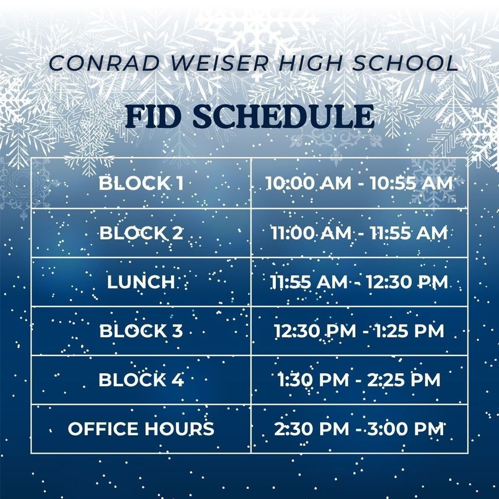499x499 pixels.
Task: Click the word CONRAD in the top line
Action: [91, 63]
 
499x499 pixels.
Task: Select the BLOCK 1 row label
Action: [141, 184]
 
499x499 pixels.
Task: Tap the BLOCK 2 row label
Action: [141, 233]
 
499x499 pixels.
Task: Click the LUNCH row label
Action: [141, 282]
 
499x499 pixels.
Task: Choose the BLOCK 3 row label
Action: [141, 331]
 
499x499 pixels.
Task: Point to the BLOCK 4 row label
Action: [141, 380]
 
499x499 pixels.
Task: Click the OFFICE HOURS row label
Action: [141, 429]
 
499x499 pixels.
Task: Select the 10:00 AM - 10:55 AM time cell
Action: [359, 184]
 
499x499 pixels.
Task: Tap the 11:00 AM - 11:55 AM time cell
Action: [359, 233]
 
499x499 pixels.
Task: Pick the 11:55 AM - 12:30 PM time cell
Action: [359, 282]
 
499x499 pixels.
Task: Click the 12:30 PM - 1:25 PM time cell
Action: [359, 331]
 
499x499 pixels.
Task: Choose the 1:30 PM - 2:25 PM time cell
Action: [359, 380]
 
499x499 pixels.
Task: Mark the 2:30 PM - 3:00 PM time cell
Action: [359, 429]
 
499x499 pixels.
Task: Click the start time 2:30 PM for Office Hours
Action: [311, 429]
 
